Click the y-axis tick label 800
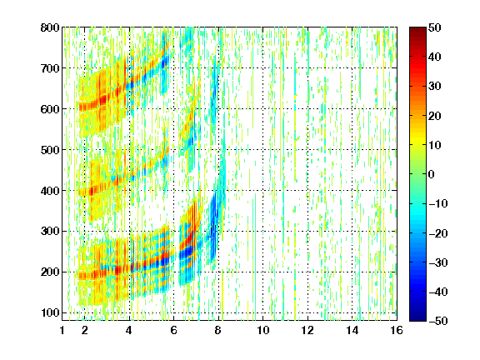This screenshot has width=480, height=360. click(50, 27)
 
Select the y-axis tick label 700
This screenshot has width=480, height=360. click(50, 68)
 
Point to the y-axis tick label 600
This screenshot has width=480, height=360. click(50, 109)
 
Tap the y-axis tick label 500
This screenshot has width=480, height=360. click(50, 150)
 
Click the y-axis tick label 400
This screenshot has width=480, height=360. click(50, 191)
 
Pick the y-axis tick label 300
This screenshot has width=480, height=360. click(50, 232)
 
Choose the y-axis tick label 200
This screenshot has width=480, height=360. click(50, 272)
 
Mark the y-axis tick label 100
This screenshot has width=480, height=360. click(50, 312)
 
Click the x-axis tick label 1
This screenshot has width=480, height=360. click(62, 330)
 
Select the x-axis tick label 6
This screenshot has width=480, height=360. click(174, 330)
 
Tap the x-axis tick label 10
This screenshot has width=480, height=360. click(263, 330)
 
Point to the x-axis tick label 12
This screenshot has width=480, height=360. click(307, 330)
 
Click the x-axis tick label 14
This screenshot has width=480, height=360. click(352, 330)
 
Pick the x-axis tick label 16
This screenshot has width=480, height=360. click(397, 330)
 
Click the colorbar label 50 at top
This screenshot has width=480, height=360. click(435, 27)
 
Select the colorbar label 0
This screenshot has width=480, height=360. click(432, 174)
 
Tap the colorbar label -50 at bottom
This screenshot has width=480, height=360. click(438, 321)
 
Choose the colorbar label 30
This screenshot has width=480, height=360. click(435, 87)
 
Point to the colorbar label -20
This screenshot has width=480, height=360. click(438, 233)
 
